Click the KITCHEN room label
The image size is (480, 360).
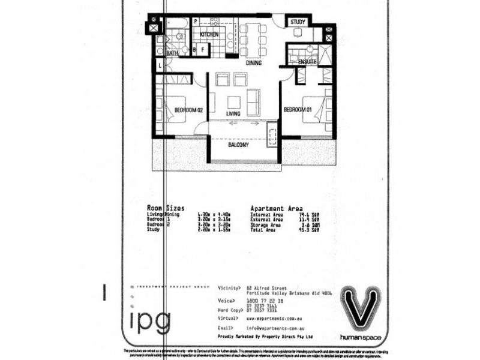(209, 34)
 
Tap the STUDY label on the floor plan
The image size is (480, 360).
(298, 22)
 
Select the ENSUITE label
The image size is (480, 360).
(307, 62)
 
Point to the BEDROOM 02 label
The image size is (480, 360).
(189, 110)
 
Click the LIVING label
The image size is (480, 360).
(233, 113)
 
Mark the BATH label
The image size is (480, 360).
(172, 54)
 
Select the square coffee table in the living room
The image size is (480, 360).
(233, 101)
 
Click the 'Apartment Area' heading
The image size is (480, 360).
(277, 207)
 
